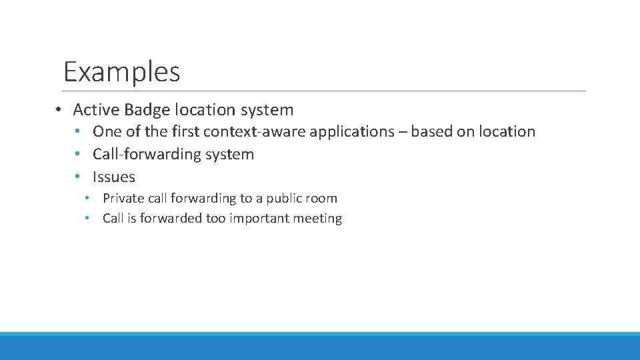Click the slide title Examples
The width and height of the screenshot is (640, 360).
(x=121, y=71)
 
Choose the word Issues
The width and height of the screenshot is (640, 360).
(x=114, y=177)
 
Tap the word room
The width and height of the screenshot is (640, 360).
(x=323, y=198)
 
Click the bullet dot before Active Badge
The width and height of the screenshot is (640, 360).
(x=59, y=110)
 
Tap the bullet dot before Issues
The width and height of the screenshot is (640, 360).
(x=79, y=177)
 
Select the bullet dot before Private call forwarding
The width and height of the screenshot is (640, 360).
(x=87, y=199)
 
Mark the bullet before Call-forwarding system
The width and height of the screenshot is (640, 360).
(x=79, y=155)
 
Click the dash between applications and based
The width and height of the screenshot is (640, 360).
(x=403, y=132)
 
